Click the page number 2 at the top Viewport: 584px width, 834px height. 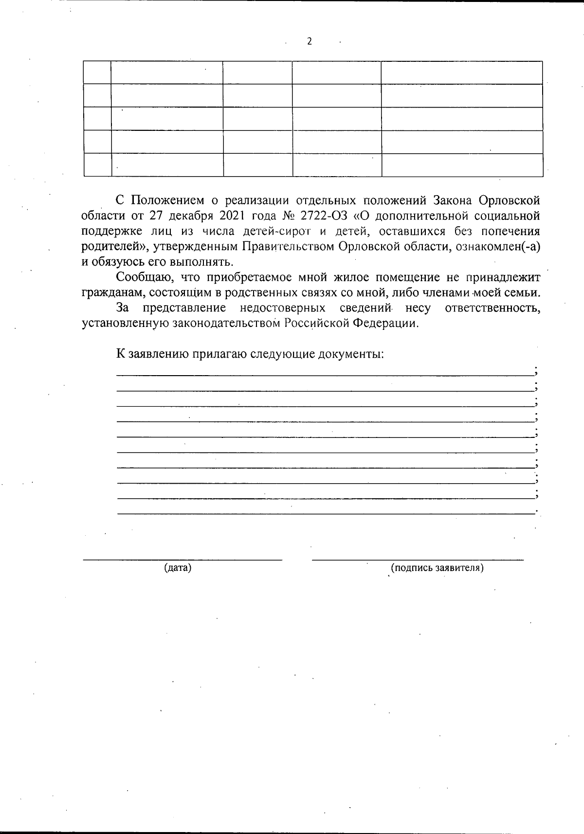[309, 41]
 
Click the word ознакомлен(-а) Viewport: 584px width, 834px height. [500, 247]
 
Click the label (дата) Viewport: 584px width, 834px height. [178, 568]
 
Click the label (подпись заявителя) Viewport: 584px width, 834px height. [437, 568]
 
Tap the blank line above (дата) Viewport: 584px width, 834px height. [182, 559]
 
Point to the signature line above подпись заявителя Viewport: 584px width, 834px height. [418, 559]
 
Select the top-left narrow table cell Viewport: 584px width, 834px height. [97, 73]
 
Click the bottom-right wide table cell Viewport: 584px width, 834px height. [462, 165]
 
